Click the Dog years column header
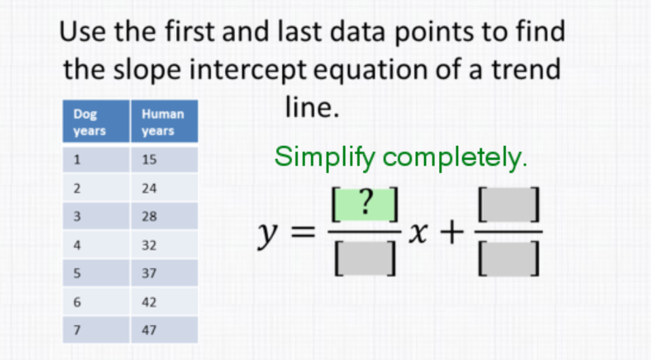pos(96,123)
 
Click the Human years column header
pos(164,123)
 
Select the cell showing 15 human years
pos(164,160)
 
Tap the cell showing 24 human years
pos(164,189)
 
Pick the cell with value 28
pos(164,217)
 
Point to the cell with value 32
pos(164,246)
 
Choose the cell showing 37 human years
pos(164,274)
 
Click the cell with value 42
pos(164,302)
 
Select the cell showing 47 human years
pos(164,331)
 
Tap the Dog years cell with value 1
pos(96,160)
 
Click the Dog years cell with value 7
pos(96,331)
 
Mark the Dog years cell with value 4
pos(96,246)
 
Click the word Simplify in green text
pos(325,158)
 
